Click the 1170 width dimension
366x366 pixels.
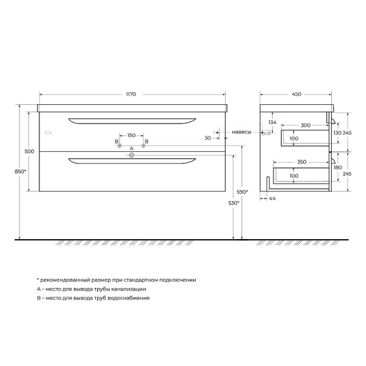(131, 95)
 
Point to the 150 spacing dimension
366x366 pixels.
(131, 135)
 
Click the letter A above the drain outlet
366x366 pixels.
(131, 149)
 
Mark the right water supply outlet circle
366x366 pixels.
(144, 146)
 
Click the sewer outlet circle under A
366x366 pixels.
(131, 156)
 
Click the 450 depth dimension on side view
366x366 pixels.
(296, 95)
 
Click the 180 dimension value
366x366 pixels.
(338, 168)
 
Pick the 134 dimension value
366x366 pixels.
(273, 123)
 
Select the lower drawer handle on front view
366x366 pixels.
(131, 161)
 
